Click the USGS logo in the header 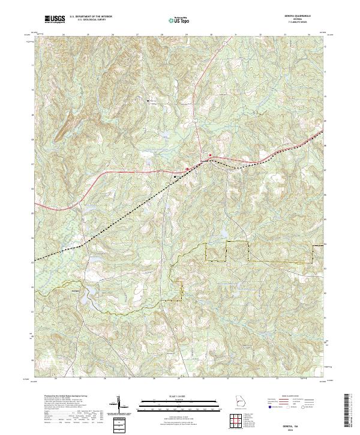click(x=55, y=19)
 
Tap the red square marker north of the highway click(x=210, y=155)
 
